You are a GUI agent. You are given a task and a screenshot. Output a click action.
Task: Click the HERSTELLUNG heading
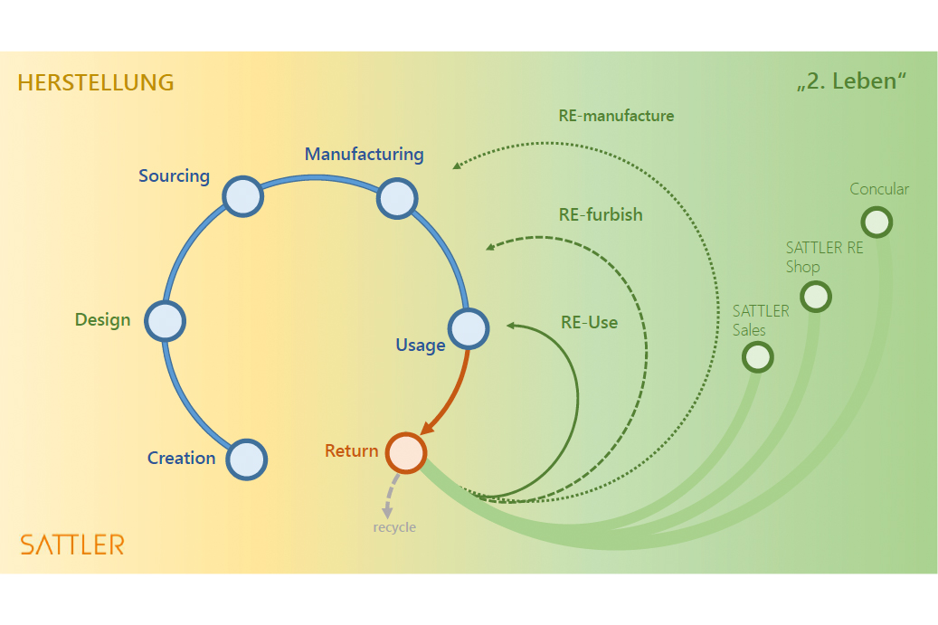coord(95,82)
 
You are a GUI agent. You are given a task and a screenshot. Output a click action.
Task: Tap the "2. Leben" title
coord(851,81)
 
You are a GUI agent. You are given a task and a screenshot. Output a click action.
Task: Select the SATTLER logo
coord(72,544)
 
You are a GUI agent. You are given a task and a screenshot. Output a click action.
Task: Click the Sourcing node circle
coord(242,196)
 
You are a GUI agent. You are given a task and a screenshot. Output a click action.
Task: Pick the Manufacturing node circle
coord(396,198)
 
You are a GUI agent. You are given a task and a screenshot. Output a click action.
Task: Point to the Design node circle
coord(165,320)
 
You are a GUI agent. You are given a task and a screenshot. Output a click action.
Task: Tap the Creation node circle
coord(246,459)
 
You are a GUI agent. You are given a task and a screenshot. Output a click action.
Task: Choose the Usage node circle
coord(469,329)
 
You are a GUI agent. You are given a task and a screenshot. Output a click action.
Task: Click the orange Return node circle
coord(405,452)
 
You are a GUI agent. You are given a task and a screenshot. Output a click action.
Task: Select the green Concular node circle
coord(876,222)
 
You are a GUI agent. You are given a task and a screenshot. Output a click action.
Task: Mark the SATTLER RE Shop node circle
coord(815,296)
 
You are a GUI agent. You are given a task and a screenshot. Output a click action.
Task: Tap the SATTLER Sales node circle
coord(758,357)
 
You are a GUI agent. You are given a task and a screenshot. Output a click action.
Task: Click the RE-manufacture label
coord(616,116)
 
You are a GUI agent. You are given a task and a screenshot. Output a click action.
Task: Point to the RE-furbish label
coord(601,214)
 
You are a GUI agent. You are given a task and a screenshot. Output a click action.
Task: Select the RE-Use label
coord(589,322)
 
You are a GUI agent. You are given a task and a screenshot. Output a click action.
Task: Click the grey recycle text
coord(394,527)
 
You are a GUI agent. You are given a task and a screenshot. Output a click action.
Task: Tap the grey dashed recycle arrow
coord(390,496)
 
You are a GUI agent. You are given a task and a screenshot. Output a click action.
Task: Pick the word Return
coord(351,450)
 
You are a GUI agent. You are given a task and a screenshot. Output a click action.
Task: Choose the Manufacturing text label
coord(364,154)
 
